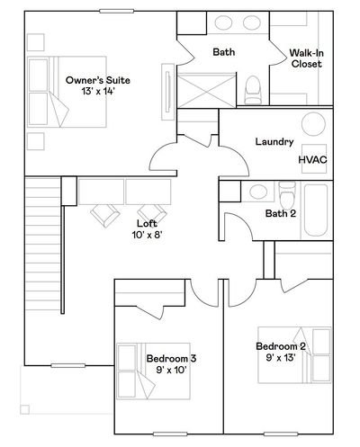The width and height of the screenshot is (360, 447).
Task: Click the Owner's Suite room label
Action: tap(98, 80)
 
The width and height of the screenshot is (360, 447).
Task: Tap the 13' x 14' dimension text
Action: tap(98, 91)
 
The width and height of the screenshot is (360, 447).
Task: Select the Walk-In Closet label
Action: tap(306, 58)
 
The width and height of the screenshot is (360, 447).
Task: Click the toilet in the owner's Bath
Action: tap(253, 90)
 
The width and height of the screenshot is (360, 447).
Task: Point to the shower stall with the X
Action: tap(206, 90)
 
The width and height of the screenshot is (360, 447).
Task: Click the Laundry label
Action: tap(274, 141)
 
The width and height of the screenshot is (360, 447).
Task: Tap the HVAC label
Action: tap(312, 160)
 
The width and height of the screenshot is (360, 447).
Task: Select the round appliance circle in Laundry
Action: tap(313, 124)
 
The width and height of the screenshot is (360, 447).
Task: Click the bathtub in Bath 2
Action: tap(316, 210)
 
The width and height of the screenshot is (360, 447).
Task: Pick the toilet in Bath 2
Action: tap(287, 195)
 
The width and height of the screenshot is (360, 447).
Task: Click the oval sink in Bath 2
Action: tap(258, 192)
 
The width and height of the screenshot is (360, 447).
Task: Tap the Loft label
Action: tap(147, 223)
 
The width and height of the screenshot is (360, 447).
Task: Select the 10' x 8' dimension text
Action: tap(147, 235)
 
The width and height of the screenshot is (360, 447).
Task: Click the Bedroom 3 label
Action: tap(171, 358)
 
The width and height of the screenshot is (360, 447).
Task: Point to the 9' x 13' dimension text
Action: tap(281, 357)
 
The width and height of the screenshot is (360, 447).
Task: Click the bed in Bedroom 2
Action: tap(294, 355)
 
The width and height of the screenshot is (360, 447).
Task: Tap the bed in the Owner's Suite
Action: tap(67, 92)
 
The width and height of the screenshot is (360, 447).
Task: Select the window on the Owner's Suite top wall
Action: tap(117, 11)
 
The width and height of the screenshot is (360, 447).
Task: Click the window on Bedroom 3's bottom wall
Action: tap(170, 434)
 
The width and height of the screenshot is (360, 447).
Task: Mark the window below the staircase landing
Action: tap(68, 365)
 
